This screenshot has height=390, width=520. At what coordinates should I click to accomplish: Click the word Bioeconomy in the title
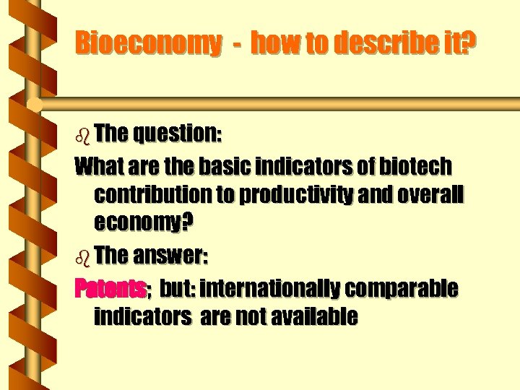pos(149,44)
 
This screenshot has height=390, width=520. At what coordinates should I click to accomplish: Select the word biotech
pos(417,167)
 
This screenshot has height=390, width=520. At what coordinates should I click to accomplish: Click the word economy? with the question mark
pos(144,225)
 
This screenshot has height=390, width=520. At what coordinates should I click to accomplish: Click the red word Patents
pos(110,289)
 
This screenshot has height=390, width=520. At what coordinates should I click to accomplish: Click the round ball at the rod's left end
pos(34,104)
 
